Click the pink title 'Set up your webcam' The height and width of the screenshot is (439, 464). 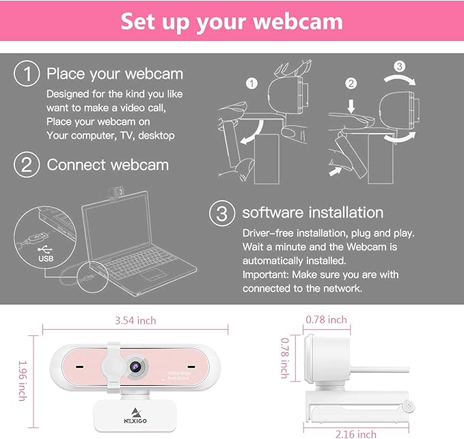[232, 21]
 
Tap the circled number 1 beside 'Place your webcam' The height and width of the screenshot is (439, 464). [27, 74]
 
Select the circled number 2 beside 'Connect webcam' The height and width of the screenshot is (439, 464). [27, 165]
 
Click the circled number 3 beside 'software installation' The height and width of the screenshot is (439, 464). [222, 213]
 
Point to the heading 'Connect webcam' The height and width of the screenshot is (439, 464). [107, 165]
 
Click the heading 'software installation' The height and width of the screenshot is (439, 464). [313, 213]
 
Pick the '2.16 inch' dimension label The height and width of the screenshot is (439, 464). [356, 432]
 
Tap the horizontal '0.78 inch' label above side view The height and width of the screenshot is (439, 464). [327, 319]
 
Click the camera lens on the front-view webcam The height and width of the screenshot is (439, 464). [135, 367]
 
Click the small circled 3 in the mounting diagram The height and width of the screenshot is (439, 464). [401, 67]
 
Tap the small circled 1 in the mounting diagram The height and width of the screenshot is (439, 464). [251, 84]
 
